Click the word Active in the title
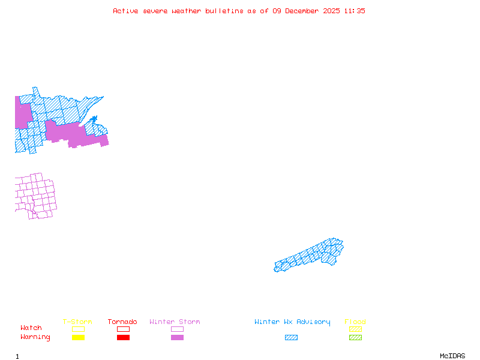pos(125,11)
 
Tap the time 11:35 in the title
pos(354,11)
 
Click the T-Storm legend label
pos(77,322)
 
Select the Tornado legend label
pos(122,322)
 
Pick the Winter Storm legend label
pos(175,322)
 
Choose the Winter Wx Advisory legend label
pos(292,322)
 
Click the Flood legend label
pos(355,322)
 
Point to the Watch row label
pos(31,328)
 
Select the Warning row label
pos(35,337)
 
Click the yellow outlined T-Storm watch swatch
pos(78,329)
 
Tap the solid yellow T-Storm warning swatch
pos(78,338)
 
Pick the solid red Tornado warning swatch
pos(123,338)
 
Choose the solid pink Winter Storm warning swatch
pos(177,338)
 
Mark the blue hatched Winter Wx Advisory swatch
pos(291,338)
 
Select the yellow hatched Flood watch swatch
pos(355,329)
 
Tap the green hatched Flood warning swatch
pos(355,338)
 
